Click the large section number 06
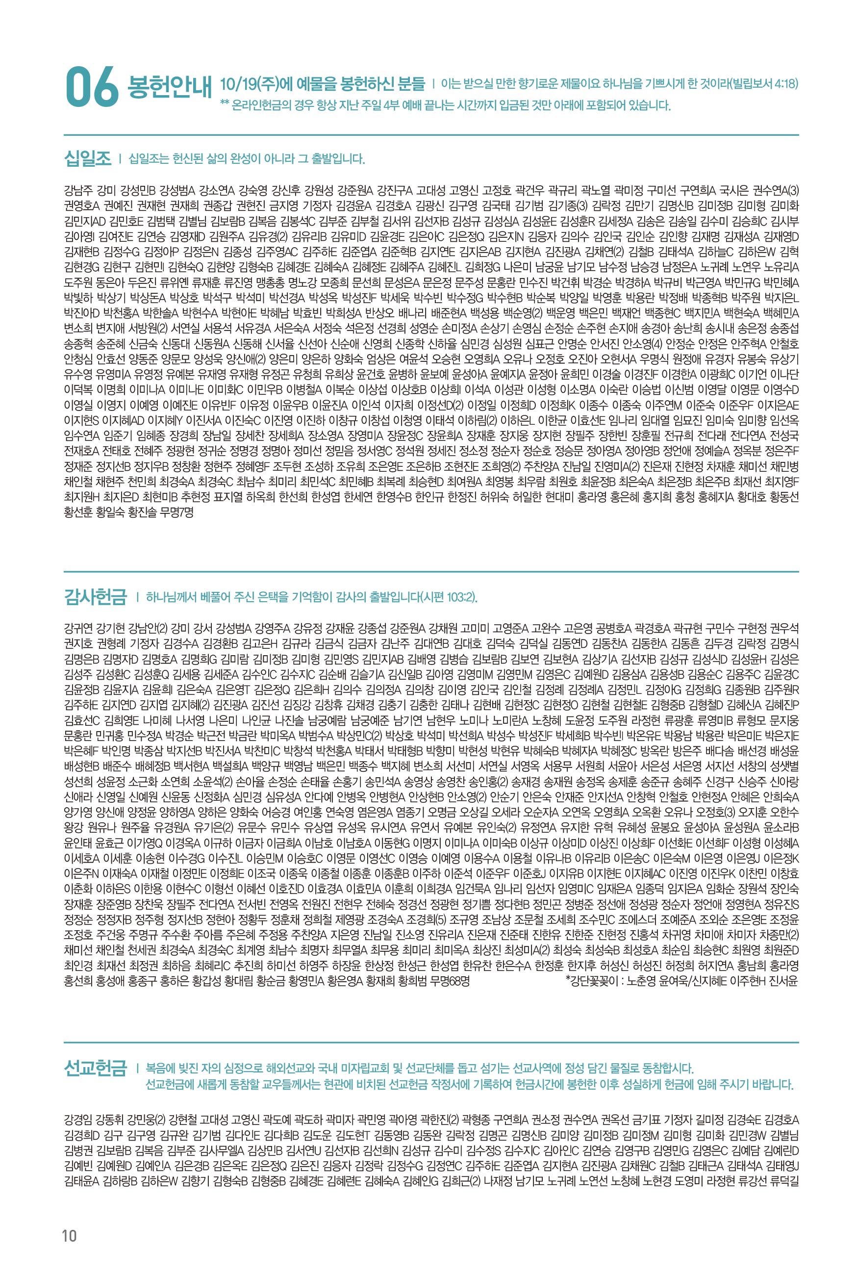(x=91, y=87)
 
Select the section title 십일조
(x=87, y=159)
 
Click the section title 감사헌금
(x=95, y=596)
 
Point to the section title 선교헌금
(x=95, y=1068)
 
